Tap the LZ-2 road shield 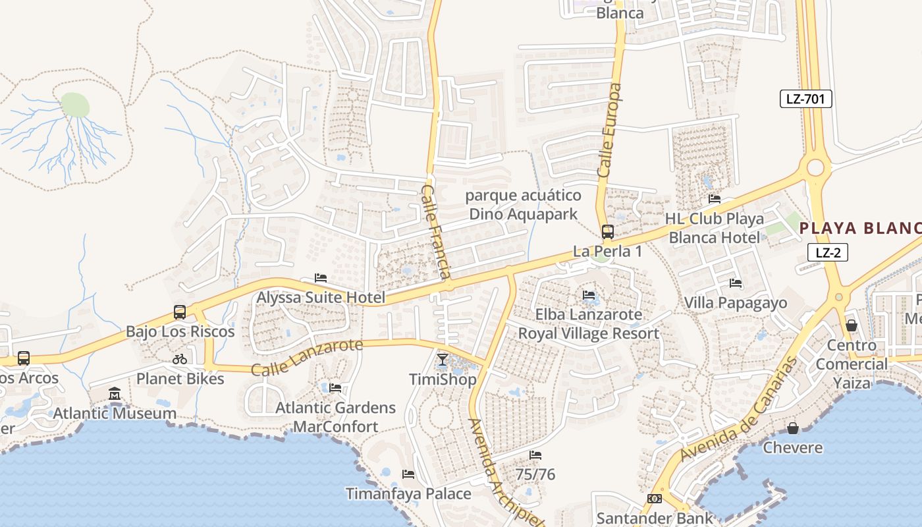pos(827,252)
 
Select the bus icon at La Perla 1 pos(607,232)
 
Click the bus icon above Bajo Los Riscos pos(180,312)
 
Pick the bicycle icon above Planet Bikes pos(180,359)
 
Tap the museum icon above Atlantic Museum pos(115,394)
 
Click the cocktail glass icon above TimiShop pos(443,360)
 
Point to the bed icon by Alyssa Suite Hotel pos(321,278)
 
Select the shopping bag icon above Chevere pos(793,428)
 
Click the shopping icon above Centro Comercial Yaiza pos(852,325)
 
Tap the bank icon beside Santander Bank pos(654,499)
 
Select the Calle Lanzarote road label pos(307,358)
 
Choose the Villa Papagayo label pos(736,302)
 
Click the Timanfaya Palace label pos(408,493)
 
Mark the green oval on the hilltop pos(75,105)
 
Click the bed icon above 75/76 pos(535,455)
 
